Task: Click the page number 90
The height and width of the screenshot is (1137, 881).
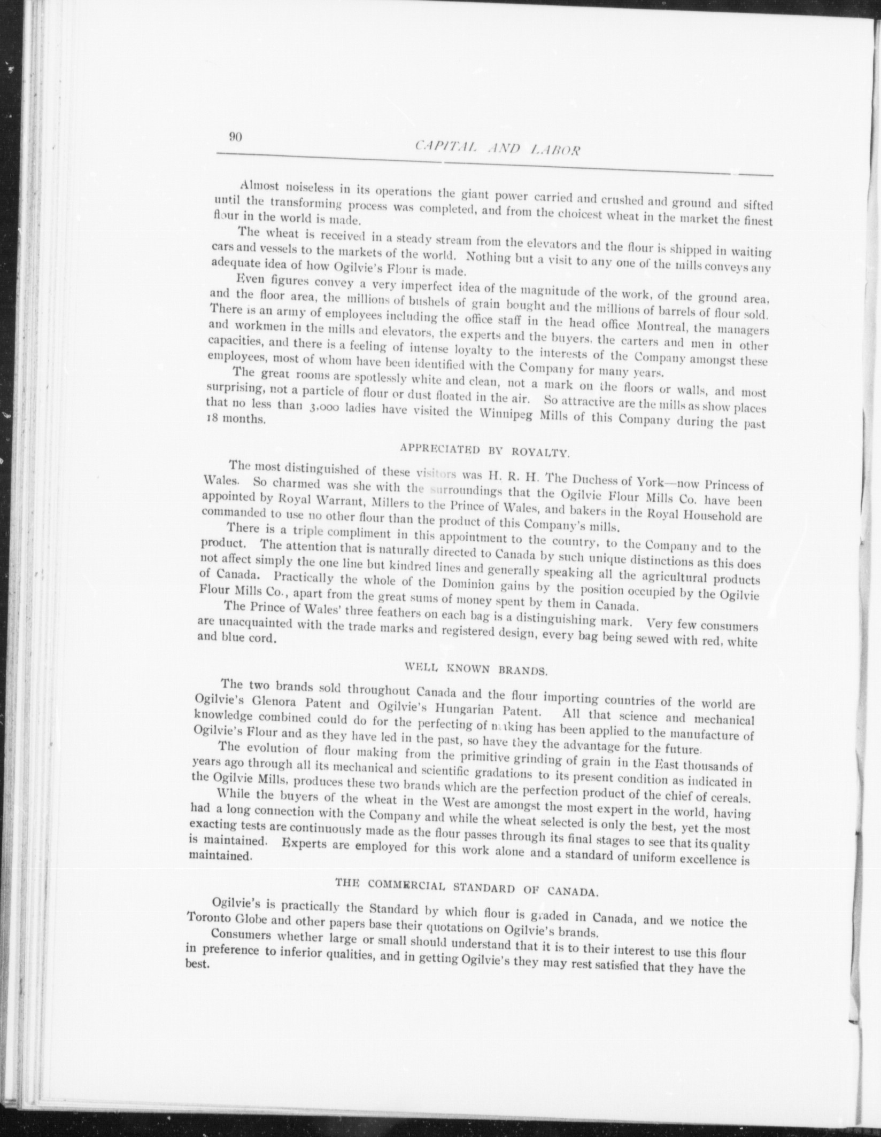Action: coord(236,137)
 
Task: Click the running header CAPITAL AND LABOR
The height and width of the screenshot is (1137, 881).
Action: coord(497,148)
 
